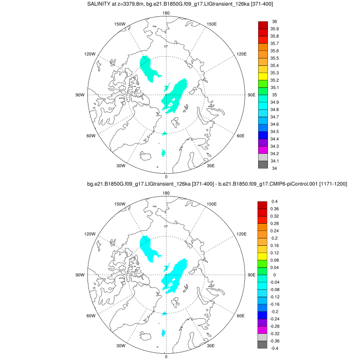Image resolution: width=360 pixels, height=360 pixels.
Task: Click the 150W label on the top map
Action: [x=120, y=24]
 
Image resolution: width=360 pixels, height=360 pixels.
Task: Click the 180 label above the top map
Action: [x=166, y=13]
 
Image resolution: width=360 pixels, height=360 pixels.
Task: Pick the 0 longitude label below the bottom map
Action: [x=166, y=356]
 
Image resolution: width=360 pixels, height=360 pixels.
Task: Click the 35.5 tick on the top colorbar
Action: [x=275, y=58]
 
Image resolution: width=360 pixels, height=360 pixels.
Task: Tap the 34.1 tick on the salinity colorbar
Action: [x=275, y=161]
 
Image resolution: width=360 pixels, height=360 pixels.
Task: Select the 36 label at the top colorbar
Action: [x=274, y=22]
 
